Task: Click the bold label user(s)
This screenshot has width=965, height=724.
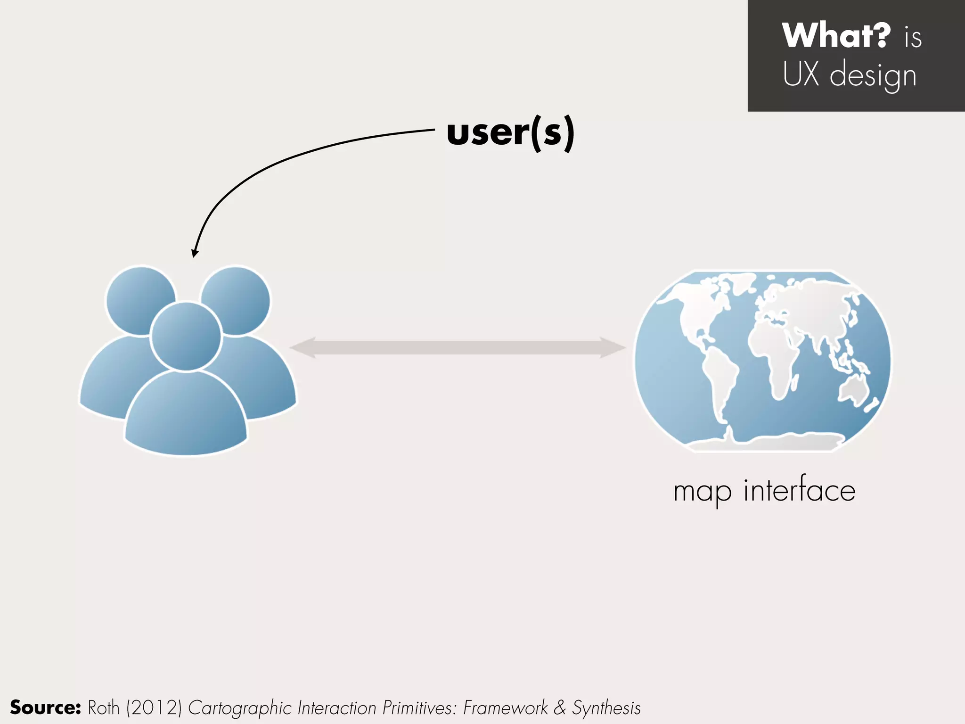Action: pos(510,133)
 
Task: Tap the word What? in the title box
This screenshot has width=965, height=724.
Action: pos(836,35)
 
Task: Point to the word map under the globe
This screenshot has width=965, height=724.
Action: pos(703,492)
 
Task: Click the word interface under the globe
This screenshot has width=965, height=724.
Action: pos(799,490)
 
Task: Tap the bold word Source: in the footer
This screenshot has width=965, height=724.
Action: pos(45,708)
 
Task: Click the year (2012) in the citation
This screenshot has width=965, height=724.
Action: pos(154,708)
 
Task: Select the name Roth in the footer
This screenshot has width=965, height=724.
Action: pos(104,708)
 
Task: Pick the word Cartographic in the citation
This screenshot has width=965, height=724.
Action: pos(240,708)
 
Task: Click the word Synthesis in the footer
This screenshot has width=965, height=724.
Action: pos(606,708)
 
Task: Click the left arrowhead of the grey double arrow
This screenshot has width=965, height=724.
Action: pos(302,348)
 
